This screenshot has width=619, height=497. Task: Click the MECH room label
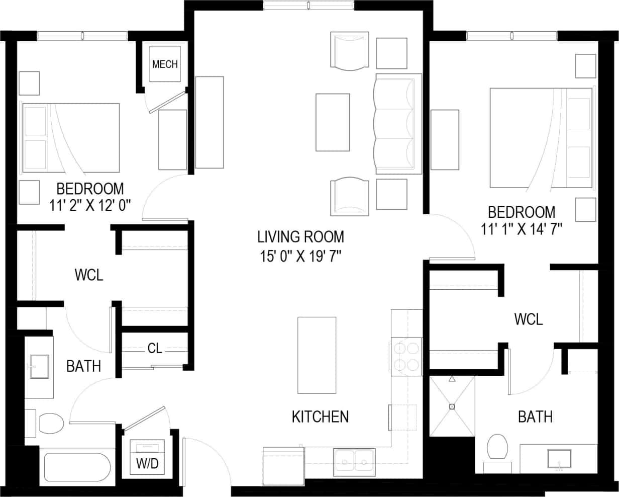tap(165, 64)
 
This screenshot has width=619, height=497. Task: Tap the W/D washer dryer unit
tap(147, 457)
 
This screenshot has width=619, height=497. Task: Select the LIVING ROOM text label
tap(300, 236)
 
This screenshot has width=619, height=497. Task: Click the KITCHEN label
tap(320, 417)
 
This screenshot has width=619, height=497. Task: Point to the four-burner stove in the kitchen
tap(406, 357)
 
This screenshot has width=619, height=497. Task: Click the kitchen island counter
tap(317, 355)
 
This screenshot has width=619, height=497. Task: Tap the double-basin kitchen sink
tap(355, 460)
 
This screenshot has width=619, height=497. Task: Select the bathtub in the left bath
tap(77, 467)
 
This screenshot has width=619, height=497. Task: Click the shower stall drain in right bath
tap(452, 406)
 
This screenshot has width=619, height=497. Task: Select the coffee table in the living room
tap(333, 122)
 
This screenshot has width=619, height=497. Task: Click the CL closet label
tap(155, 348)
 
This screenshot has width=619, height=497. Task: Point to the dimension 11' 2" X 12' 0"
tap(90, 205)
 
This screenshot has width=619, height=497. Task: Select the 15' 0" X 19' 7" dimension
tap(300, 256)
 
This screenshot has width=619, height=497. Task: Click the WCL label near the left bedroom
tap(89, 275)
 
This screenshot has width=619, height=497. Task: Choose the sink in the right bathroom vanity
tap(559, 459)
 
